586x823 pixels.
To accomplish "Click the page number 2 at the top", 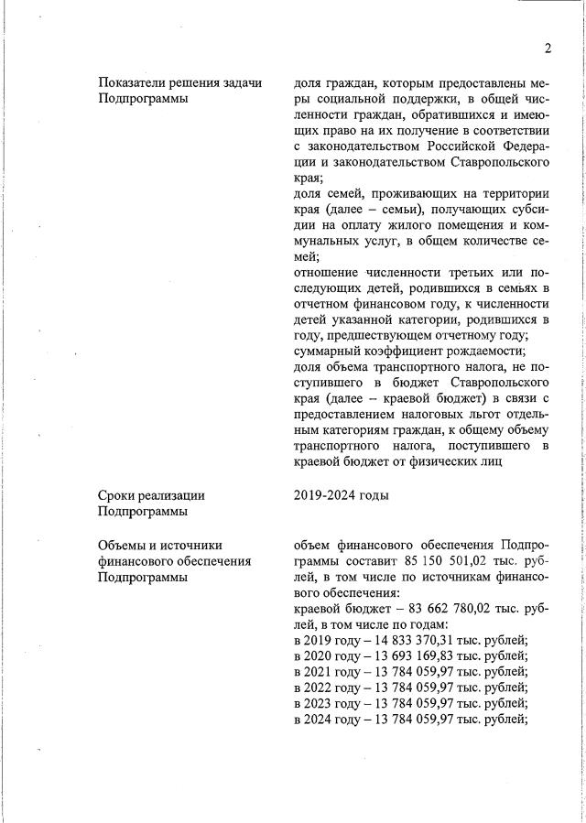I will tap(547, 49).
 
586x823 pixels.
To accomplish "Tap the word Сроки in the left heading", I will tap(118, 495).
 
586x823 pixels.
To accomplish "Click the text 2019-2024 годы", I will tap(342, 495).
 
